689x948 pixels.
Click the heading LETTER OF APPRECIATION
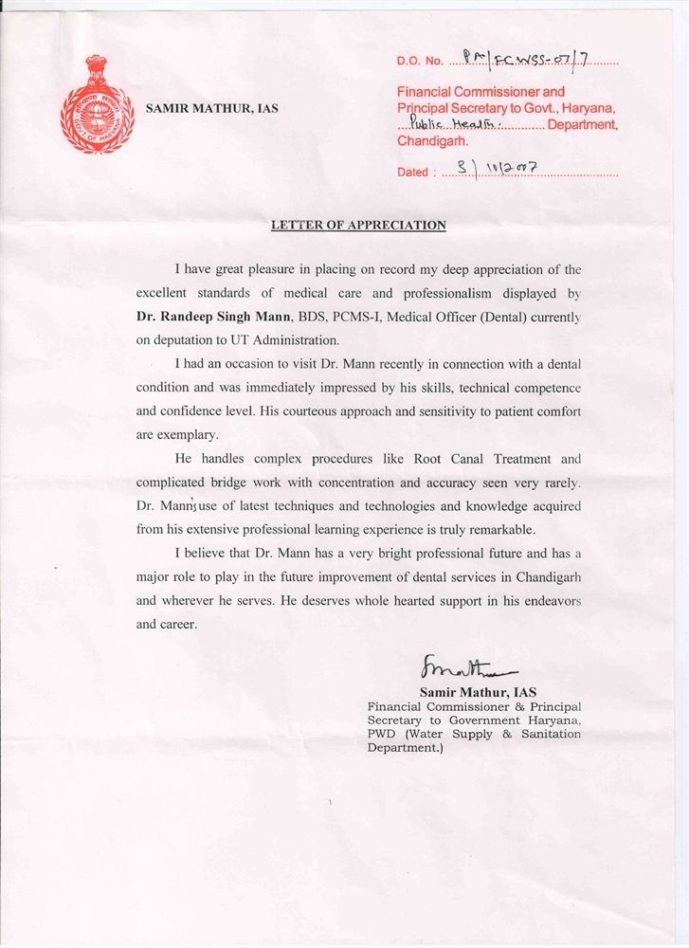(x=358, y=226)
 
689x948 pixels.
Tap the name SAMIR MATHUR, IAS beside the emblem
(x=212, y=109)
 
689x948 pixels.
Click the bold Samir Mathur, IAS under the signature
(x=478, y=692)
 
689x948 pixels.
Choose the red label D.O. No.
(x=420, y=62)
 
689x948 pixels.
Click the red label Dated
(x=413, y=173)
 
